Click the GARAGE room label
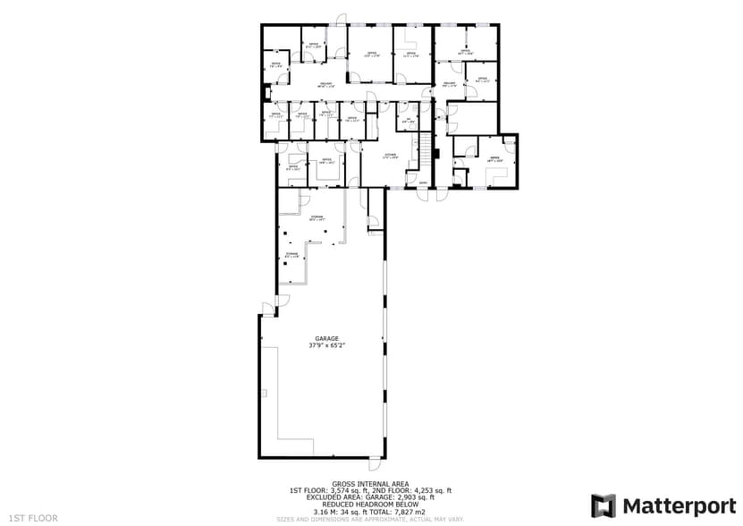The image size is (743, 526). tap(326, 338)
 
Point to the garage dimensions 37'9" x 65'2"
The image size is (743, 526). tap(326, 344)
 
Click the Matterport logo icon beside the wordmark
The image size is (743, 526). tap(604, 505)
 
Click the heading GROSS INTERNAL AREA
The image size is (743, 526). tap(370, 484)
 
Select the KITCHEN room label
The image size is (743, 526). tap(391, 155)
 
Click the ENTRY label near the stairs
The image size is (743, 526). tap(423, 183)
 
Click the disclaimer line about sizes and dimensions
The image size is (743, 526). tap(370, 518)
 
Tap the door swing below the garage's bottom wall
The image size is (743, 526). tap(374, 464)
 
